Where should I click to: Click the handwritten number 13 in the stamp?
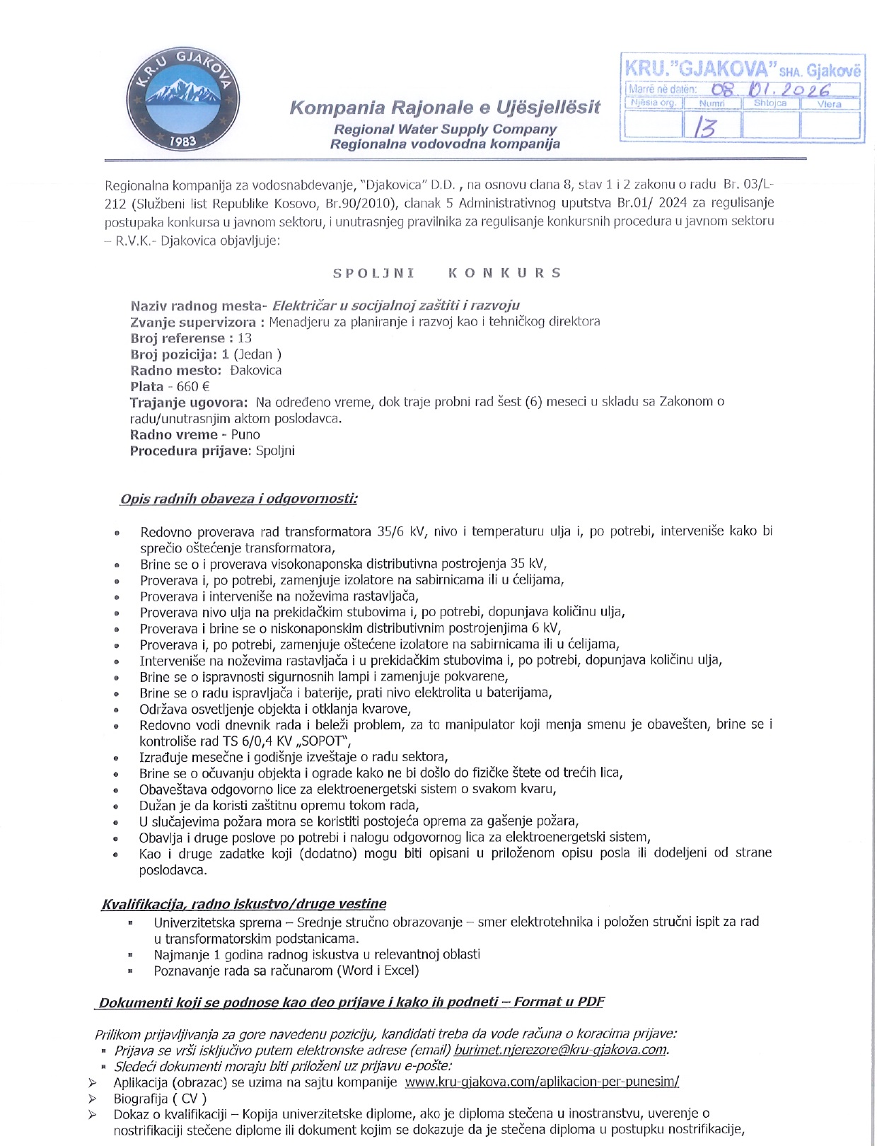tap(705, 127)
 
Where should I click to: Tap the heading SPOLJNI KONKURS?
tap(447, 273)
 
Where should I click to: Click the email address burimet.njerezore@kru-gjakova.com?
tap(561, 1050)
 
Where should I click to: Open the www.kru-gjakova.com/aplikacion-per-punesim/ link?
tap(542, 1082)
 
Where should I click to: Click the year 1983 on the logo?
tap(182, 141)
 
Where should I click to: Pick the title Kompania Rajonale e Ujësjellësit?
tap(445, 108)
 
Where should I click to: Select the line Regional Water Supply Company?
tap(445, 129)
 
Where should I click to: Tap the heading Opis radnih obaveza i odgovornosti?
tap(238, 499)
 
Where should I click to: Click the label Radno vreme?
tap(173, 434)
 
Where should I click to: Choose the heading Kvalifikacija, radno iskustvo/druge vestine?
tap(244, 904)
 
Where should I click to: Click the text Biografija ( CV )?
tap(160, 1099)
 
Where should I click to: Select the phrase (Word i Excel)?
tap(378, 971)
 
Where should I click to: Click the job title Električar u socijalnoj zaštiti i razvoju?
tap(396, 306)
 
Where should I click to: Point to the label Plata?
tap(146, 386)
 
